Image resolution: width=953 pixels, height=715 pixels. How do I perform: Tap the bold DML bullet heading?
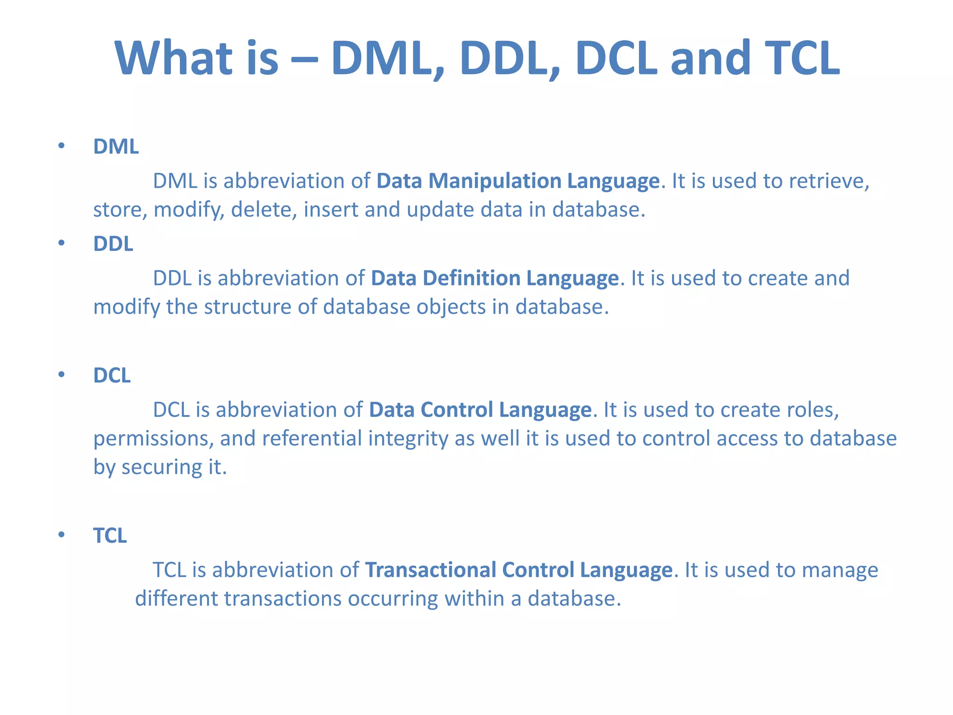point(116,147)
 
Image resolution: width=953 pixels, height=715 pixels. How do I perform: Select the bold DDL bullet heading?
point(113,243)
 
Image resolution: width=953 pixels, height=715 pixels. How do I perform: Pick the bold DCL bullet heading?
point(112,375)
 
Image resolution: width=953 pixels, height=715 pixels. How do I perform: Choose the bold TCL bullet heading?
point(110,535)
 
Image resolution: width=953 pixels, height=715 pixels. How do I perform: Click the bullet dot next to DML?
point(61,146)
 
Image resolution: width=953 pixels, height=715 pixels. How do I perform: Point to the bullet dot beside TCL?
point(61,535)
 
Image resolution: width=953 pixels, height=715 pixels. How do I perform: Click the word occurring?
point(393,599)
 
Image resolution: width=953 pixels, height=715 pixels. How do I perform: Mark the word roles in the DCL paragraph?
point(812,410)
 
